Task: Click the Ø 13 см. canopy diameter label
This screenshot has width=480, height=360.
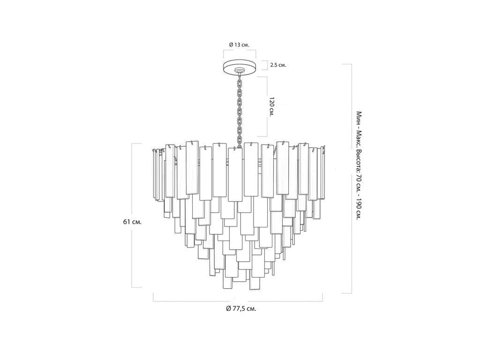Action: (239, 45)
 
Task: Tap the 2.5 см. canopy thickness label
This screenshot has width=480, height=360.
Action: (278, 65)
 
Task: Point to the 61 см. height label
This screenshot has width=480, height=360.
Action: (132, 222)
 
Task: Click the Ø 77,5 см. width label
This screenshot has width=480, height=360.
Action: (241, 308)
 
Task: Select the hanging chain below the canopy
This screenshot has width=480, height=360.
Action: (240, 110)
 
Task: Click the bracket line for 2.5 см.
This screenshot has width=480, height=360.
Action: (264, 65)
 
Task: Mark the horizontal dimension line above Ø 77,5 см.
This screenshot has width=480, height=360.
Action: (238, 301)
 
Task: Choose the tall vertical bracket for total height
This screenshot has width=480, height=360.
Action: (351, 179)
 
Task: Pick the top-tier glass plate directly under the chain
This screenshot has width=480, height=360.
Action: (235, 175)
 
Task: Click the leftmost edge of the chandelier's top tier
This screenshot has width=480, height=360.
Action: (153, 174)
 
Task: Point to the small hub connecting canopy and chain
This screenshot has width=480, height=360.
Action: (239, 72)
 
